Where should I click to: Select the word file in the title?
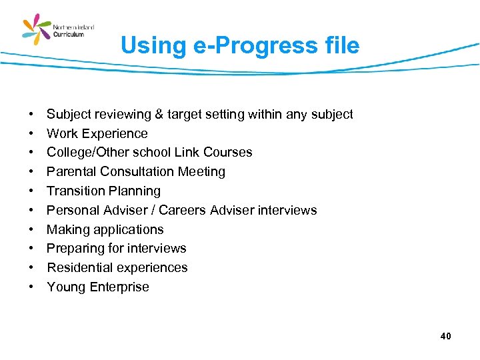coord(339,46)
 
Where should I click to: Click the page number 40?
coord(445,336)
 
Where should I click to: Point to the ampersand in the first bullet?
coord(159,115)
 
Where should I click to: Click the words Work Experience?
coord(97,133)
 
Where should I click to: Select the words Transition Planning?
coord(103,191)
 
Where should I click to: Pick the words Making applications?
coord(105,230)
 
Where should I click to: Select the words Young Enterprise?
coord(98,287)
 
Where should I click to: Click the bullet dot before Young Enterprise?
coord(31,287)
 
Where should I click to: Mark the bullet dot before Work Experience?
coord(31,133)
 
